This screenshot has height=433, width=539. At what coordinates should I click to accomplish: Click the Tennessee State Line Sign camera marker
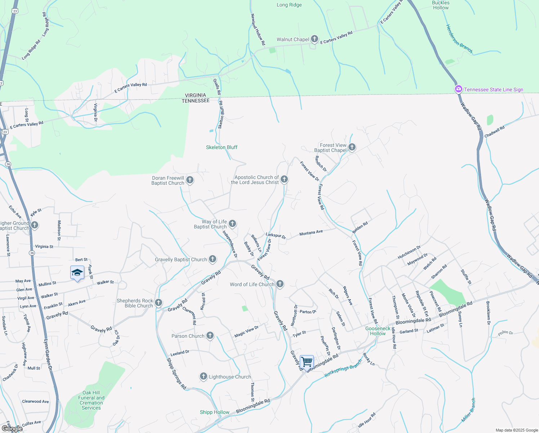click(x=458, y=89)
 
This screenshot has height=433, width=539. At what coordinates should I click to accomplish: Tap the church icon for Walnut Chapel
click(x=314, y=39)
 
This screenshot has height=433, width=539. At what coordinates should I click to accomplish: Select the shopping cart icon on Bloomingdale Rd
click(x=307, y=362)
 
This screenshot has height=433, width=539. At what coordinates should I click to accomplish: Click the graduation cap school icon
click(x=77, y=273)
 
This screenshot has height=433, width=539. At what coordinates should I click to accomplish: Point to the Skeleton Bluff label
click(x=222, y=147)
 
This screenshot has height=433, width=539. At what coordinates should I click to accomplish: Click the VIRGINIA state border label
click(x=196, y=95)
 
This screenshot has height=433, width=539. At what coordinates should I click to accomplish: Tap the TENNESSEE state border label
click(x=196, y=101)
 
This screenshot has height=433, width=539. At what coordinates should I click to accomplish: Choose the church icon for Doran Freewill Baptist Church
click(x=190, y=180)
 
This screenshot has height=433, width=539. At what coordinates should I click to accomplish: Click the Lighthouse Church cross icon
click(x=204, y=377)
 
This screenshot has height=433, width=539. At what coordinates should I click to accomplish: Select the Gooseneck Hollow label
click(x=378, y=331)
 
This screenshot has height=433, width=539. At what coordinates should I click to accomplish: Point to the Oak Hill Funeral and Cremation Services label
click(x=91, y=400)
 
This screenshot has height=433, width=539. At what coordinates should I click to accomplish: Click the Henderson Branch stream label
click(x=459, y=39)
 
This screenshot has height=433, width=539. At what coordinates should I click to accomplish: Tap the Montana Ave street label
click(x=311, y=233)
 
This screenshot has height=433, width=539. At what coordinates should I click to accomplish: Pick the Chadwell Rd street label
click(x=494, y=132)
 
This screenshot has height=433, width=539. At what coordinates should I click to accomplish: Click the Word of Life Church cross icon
click(x=280, y=284)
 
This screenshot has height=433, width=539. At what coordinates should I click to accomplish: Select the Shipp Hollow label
click(x=214, y=412)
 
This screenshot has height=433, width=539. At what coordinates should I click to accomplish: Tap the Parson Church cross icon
click(x=210, y=336)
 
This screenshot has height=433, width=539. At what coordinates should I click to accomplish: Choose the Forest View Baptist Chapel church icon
click(x=352, y=147)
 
